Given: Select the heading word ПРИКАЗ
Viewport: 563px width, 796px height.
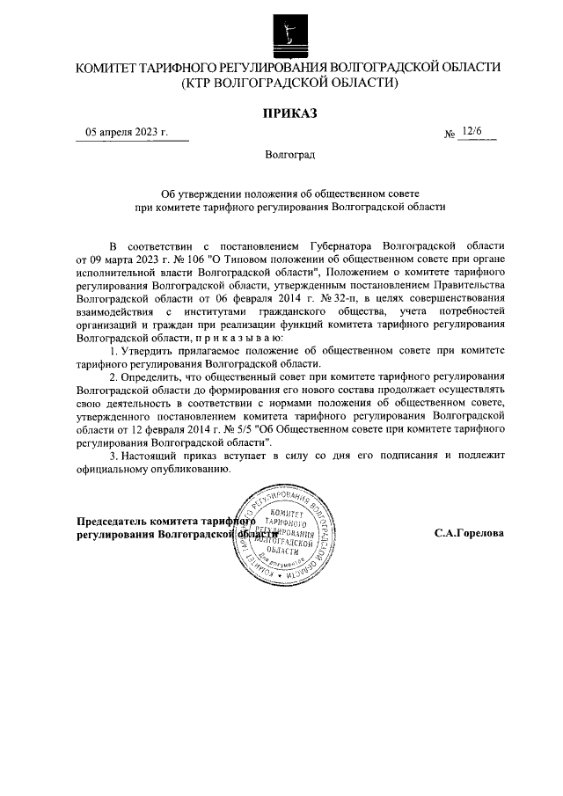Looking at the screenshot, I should [x=289, y=112].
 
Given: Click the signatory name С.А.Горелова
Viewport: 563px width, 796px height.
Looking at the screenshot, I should [x=469, y=534].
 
